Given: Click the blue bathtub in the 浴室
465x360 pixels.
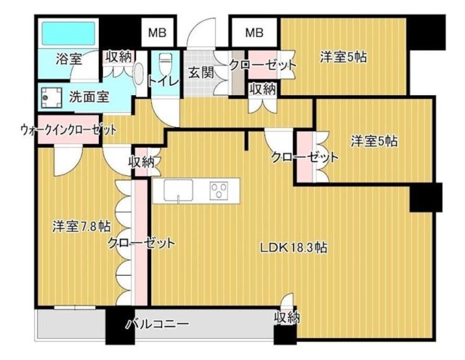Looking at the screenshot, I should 68,33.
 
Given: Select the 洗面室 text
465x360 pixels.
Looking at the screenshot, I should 89,96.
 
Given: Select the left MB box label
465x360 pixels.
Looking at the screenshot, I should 158,32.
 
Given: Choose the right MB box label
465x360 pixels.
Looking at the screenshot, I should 254,32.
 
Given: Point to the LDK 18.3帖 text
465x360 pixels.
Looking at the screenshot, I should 294,247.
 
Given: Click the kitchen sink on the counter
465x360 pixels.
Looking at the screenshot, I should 178,191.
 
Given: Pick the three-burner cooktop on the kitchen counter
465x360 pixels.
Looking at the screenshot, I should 219,191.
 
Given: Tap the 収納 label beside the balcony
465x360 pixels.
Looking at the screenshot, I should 286,318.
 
